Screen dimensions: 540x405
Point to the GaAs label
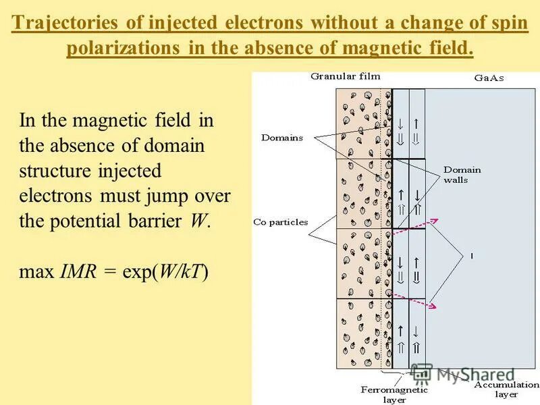coord(489,78)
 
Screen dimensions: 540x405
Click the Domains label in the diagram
coord(282,138)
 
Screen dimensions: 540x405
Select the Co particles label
coord(281,221)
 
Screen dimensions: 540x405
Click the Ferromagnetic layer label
coord(394,394)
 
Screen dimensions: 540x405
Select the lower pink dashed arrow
coord(414,304)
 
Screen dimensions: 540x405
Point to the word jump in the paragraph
coord(160,196)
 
